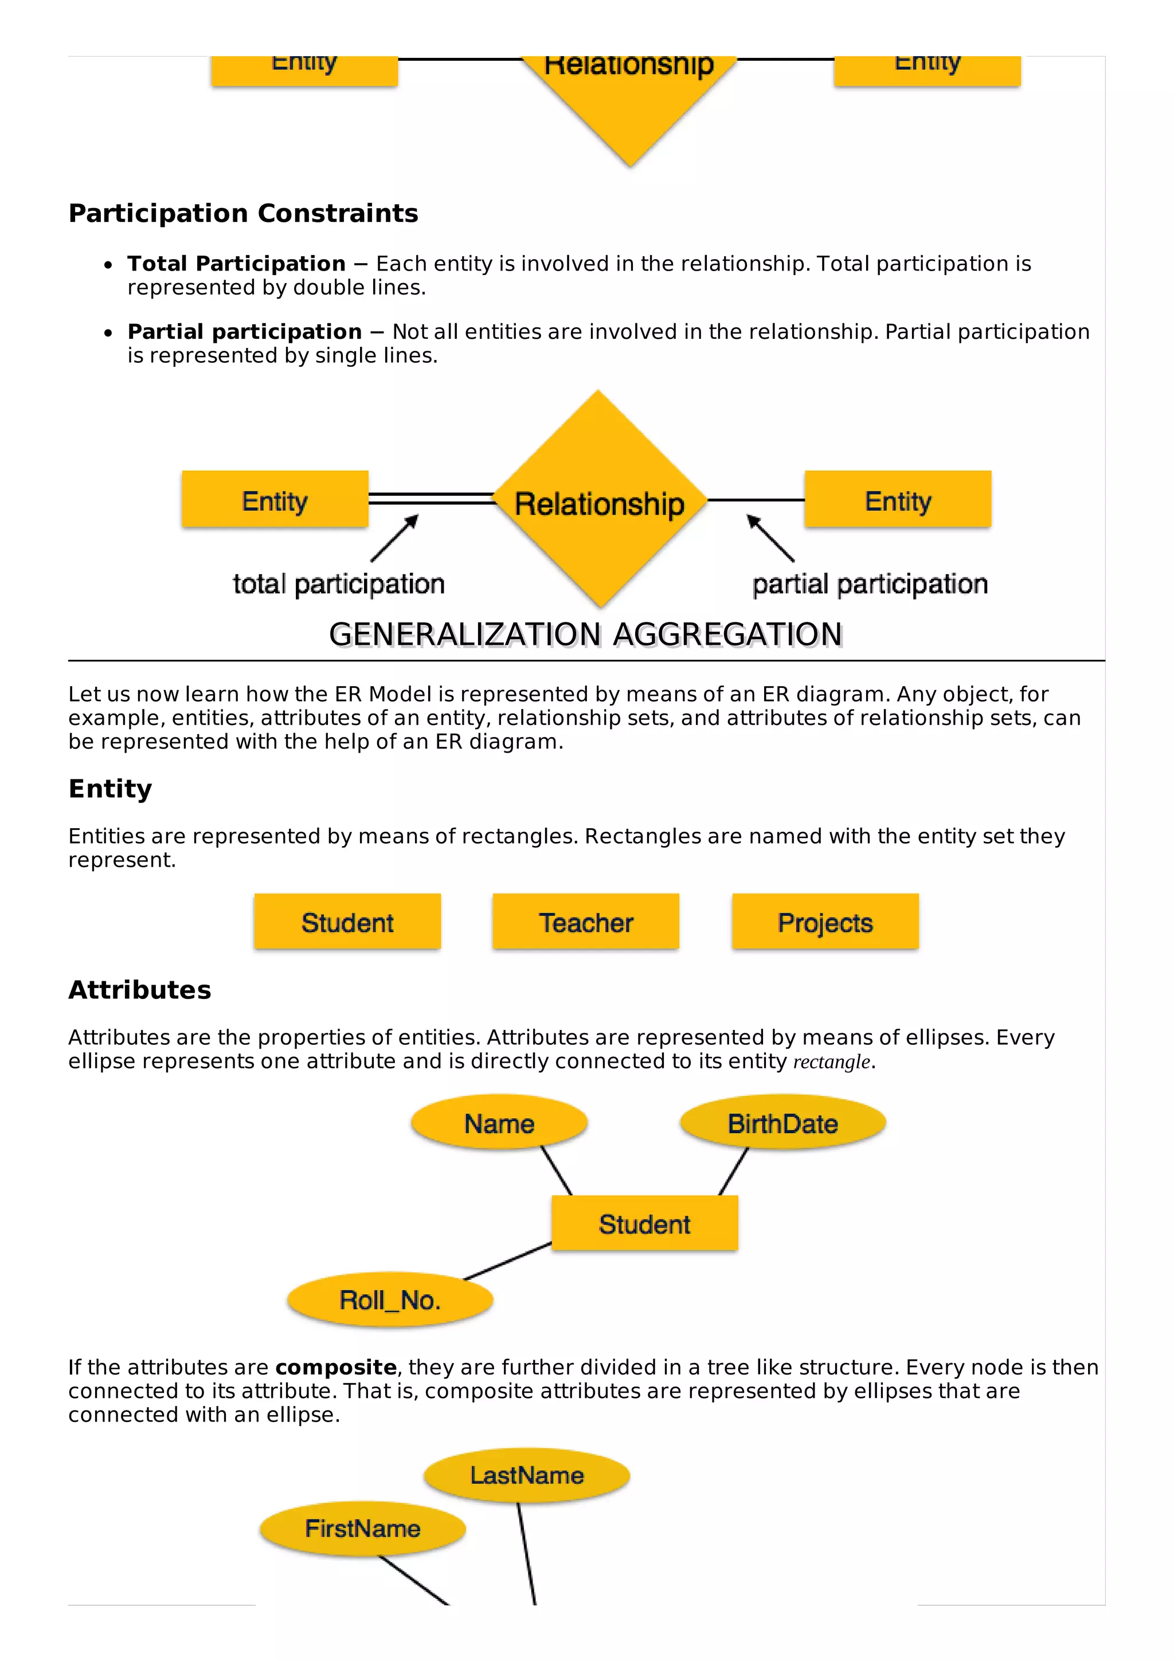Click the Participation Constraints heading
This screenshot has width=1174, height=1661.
[243, 213]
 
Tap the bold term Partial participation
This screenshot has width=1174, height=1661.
[245, 331]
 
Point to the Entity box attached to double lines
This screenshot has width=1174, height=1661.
[275, 499]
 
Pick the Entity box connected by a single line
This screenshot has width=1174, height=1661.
[897, 499]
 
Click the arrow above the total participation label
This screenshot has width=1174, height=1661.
[395, 538]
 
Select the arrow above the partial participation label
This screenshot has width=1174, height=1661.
[770, 538]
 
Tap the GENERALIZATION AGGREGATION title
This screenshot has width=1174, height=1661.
[585, 634]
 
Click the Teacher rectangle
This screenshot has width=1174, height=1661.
[585, 922]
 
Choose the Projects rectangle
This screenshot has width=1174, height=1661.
[825, 922]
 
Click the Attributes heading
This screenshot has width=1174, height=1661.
[140, 990]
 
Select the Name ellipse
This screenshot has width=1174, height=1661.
[499, 1123]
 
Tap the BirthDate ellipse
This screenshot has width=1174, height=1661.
[782, 1123]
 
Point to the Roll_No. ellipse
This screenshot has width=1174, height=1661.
[390, 1300]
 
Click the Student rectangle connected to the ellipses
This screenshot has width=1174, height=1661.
[644, 1223]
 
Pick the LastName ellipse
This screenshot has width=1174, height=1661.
[527, 1475]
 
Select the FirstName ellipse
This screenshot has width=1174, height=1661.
[362, 1529]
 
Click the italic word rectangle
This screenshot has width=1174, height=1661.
[831, 1062]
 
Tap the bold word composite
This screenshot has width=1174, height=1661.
[336, 1368]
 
